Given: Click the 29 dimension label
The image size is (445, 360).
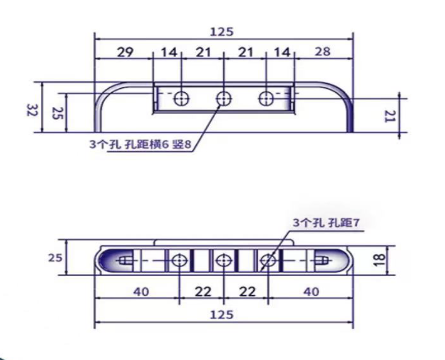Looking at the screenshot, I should (x=125, y=52).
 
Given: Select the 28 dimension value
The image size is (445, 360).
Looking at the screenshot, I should (x=322, y=52).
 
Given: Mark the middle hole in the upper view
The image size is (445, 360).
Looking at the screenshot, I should (x=224, y=98).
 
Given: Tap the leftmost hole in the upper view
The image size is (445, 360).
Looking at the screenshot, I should (x=181, y=98).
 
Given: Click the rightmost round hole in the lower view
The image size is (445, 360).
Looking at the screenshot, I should (x=268, y=260).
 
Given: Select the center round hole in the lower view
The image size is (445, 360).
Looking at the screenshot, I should (x=223, y=260).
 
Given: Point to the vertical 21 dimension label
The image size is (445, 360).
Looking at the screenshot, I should (x=391, y=116).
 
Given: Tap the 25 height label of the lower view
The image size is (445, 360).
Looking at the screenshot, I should (x=54, y=258).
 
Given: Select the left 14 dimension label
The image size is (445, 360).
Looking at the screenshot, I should (x=168, y=52).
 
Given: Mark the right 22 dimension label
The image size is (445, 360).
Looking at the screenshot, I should (x=247, y=292).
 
